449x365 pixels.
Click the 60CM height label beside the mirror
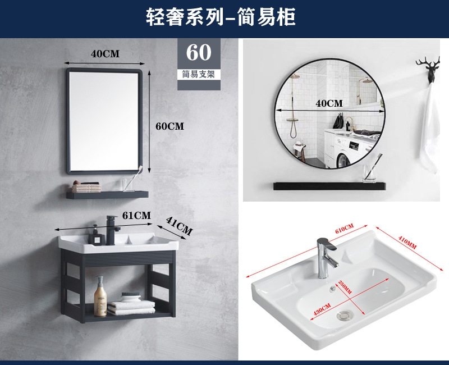pyautogui.click(x=170, y=126)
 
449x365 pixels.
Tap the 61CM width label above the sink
pyautogui.click(x=136, y=216)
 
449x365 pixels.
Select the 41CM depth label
pyautogui.click(x=180, y=226)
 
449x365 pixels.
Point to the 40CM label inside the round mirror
pyautogui.click(x=329, y=103)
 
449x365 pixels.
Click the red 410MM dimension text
pyautogui.click(x=407, y=243)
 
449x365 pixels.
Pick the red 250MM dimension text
pyautogui.click(x=345, y=287)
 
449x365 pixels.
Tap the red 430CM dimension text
pyautogui.click(x=322, y=309)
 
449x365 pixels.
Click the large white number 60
pyautogui.click(x=199, y=52)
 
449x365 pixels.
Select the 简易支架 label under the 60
pyautogui.click(x=199, y=75)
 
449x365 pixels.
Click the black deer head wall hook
pyautogui.click(x=428, y=70)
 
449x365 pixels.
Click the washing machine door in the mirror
pyautogui.click(x=343, y=160)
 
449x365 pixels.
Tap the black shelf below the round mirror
pyautogui.click(x=329, y=186)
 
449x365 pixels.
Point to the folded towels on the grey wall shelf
pyautogui.click(x=86, y=188)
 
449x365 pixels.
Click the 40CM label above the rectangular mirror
pyautogui.click(x=105, y=54)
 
